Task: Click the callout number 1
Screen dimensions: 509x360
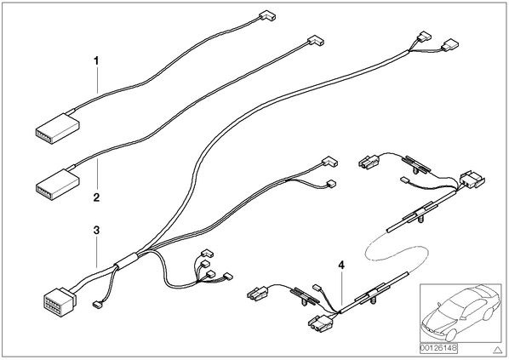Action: pos(96,60)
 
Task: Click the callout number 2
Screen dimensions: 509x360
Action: pos(96,197)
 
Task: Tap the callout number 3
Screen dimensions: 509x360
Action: pos(96,231)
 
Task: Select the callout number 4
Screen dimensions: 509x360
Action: pos(341,266)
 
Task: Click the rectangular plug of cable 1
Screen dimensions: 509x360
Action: pos(57,129)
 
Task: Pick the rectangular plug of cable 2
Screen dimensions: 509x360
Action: pos(57,184)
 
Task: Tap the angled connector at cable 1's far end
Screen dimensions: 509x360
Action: pos(267,15)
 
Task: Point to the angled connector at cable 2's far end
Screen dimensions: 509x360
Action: pos(316,41)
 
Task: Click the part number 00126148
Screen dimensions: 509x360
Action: pos(438,348)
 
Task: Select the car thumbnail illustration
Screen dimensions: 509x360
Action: pos(460,312)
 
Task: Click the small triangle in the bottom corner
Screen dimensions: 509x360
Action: pos(497,350)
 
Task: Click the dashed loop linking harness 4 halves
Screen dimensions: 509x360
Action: pos(396,254)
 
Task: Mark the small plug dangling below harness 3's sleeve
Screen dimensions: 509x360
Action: pos(97,305)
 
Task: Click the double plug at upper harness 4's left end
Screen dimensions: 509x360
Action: pos(369,162)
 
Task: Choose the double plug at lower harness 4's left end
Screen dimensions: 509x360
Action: pos(258,292)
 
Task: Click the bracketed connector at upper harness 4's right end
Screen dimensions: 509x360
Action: pos(472,180)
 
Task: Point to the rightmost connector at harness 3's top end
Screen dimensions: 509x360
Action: pos(449,44)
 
